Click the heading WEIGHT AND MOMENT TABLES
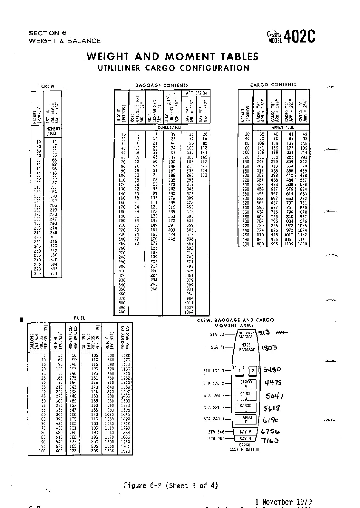coord(172,57)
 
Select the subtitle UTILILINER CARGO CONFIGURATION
coord(173,68)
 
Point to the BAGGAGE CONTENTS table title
coord(162,85)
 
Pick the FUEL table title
coord(79,318)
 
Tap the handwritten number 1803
coord(269,347)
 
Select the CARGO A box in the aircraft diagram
coord(246,384)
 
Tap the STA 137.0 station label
coord(216,371)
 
